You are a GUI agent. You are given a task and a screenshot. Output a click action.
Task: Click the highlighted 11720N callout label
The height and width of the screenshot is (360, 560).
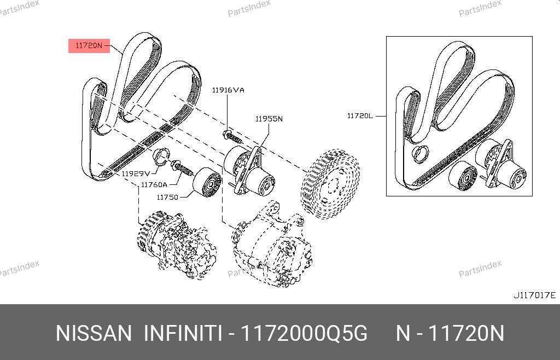coord(89,46)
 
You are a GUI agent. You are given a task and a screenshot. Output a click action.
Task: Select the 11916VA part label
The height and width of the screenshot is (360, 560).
coord(228,90)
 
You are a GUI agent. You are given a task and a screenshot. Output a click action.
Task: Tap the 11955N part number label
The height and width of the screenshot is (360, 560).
coord(269,119)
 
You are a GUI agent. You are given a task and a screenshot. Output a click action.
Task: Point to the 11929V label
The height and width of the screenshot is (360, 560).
coord(136,173)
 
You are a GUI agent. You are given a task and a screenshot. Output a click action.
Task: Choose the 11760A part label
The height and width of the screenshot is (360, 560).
coord(154,184)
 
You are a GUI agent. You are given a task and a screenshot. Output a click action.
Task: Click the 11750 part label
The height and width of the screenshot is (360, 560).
coord(167,197)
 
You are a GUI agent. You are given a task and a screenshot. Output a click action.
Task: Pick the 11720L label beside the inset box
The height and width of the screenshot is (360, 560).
coord(360,116)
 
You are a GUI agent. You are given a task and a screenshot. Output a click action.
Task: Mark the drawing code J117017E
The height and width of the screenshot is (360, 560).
coord(535,295)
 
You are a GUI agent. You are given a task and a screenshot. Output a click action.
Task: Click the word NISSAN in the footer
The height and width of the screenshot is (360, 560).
coord(94,334)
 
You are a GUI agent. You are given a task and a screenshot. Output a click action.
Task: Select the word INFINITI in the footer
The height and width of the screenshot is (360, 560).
coord(183,334)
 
